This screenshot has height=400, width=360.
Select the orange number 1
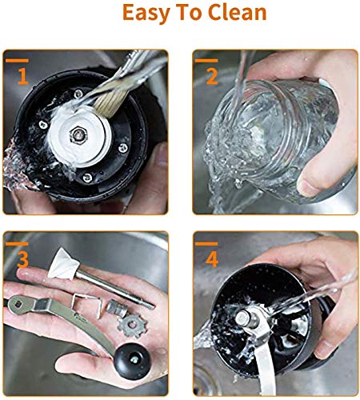[x=22, y=78]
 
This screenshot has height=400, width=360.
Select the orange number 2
[x=212, y=78]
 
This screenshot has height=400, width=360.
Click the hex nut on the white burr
[x=84, y=132]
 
